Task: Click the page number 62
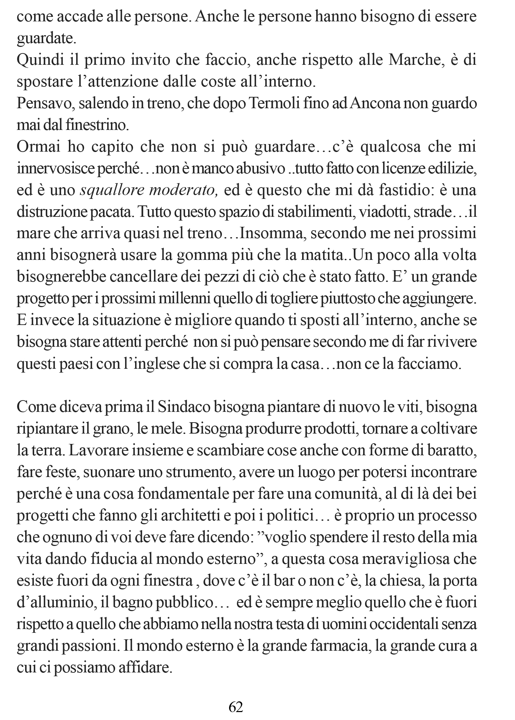coord(236,707)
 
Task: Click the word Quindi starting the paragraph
coord(37,61)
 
